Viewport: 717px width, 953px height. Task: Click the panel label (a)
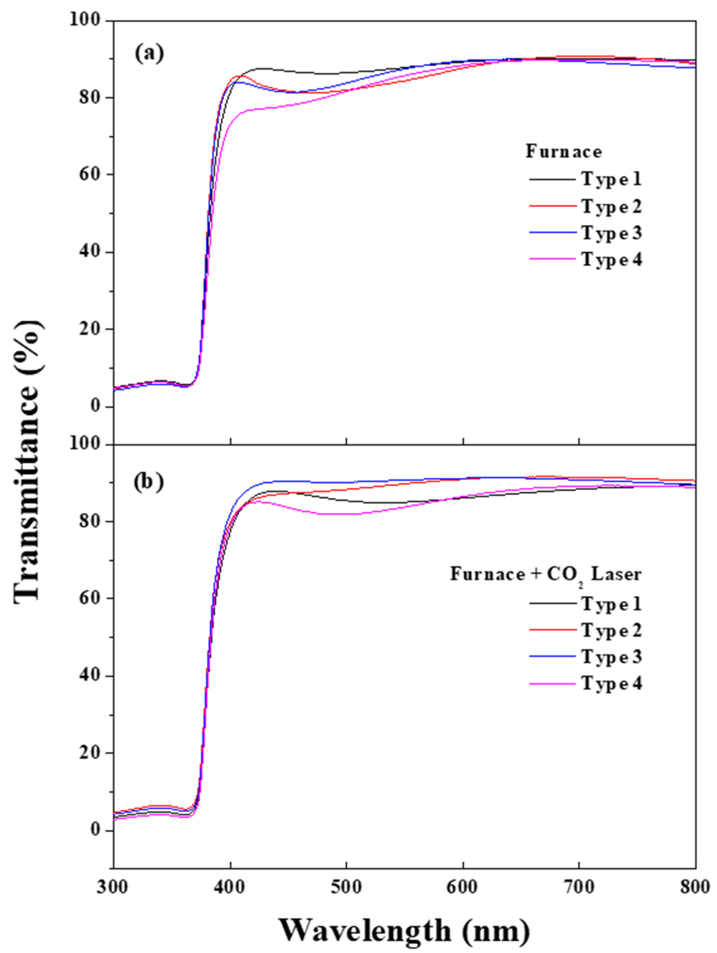(149, 54)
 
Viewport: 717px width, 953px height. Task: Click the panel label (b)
(149, 482)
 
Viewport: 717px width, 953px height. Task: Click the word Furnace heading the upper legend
(563, 152)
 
